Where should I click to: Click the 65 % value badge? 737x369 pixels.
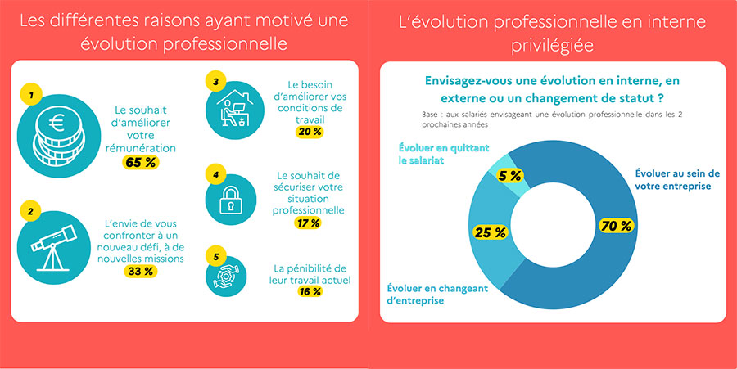pos(142,162)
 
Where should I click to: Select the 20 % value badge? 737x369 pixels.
pos(310,132)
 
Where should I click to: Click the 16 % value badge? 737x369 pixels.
pos(310,291)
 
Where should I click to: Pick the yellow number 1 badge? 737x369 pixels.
pos(31,96)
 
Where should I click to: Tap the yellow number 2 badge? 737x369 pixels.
pos(31,211)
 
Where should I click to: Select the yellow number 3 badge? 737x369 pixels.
pos(215,82)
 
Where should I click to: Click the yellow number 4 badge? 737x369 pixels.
pos(215,175)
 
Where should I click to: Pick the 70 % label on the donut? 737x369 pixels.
pos(616,226)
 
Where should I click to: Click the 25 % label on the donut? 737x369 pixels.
pos(490,233)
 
